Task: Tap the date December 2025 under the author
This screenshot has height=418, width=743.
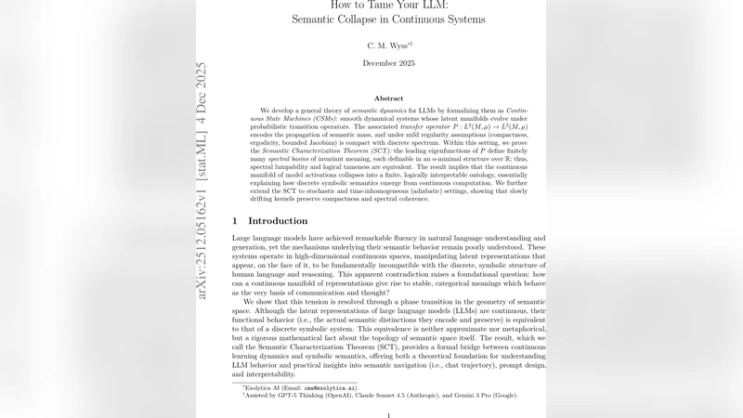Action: click(x=388, y=63)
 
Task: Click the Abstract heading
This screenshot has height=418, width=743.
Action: click(x=388, y=98)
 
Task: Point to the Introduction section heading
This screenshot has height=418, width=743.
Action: click(x=278, y=221)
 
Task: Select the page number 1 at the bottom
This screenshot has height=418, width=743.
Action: click(x=388, y=415)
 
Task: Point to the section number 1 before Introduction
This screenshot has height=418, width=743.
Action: click(x=235, y=221)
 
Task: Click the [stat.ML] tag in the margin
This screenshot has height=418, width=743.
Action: click(x=202, y=158)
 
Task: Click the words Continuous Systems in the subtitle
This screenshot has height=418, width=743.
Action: click(x=437, y=20)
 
